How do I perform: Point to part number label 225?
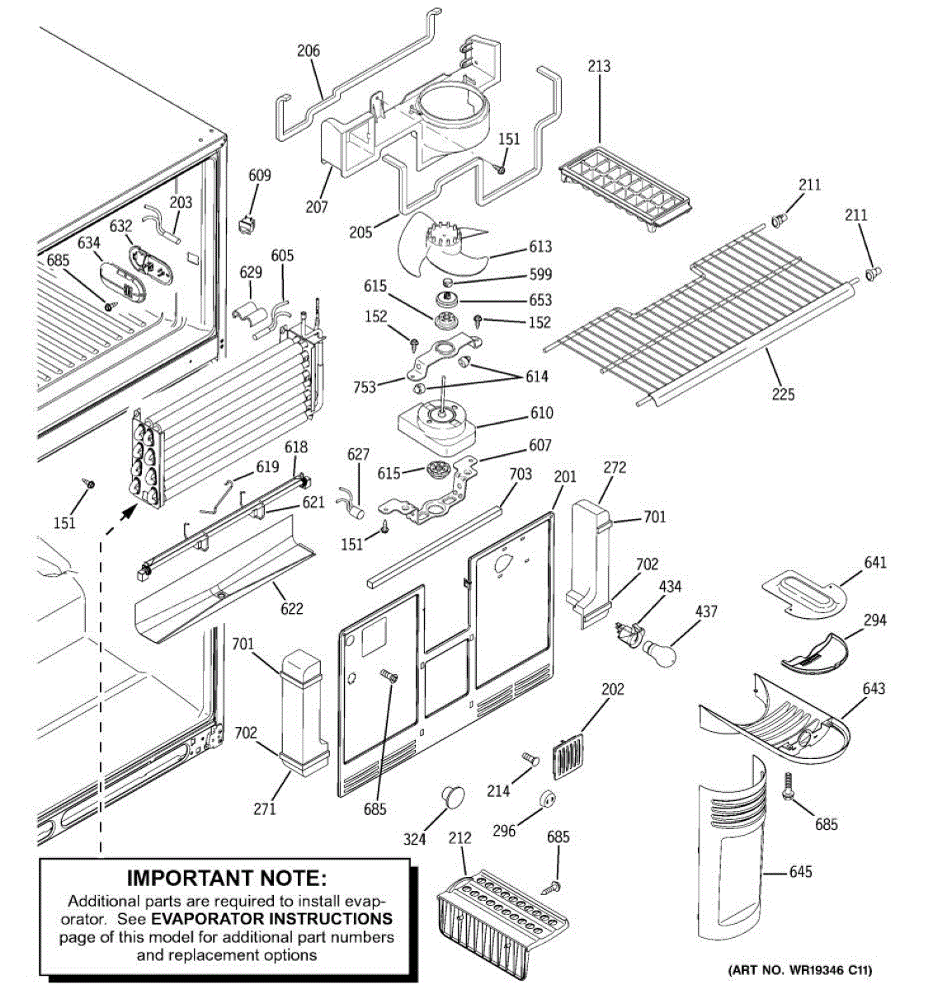click(x=783, y=394)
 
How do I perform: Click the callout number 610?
click(x=542, y=413)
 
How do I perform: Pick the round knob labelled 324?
click(x=451, y=797)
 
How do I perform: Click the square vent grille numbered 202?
click(x=565, y=757)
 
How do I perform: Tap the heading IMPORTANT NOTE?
click(x=226, y=879)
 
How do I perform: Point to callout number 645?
click(x=800, y=871)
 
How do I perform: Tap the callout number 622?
click(x=291, y=609)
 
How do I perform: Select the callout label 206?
click(x=309, y=51)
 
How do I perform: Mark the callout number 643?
click(x=874, y=688)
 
